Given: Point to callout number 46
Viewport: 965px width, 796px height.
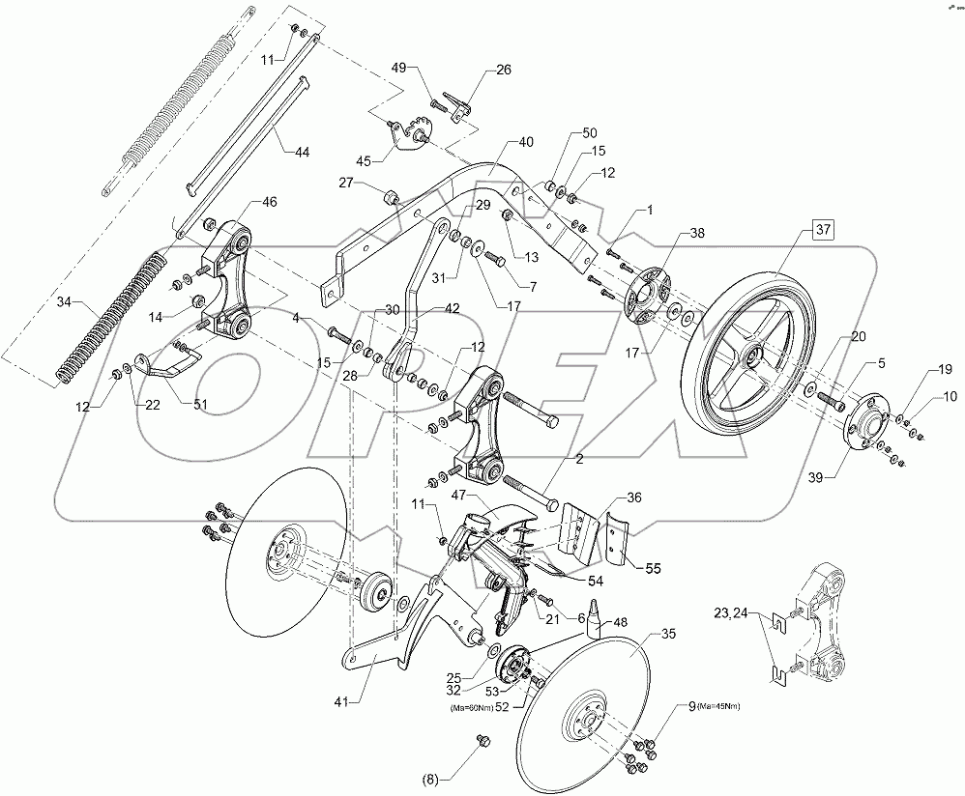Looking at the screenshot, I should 269,202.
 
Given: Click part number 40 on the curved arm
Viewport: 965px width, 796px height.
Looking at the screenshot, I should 525,142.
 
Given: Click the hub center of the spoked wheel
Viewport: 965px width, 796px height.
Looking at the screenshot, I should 748,357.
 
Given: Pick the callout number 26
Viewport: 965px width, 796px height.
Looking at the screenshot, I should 504,70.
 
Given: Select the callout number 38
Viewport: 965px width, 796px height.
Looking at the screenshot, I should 696,233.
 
